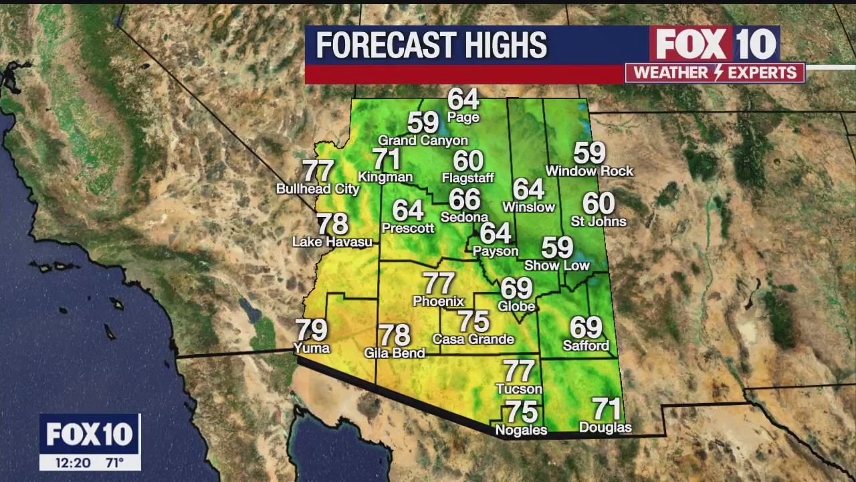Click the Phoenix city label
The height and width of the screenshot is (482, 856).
438,301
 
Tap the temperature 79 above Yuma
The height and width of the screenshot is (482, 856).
311,329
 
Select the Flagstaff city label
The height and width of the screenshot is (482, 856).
467,177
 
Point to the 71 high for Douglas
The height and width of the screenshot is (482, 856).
606,408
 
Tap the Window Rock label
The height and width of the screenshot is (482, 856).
589,171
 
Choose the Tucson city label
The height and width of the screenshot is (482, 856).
519,389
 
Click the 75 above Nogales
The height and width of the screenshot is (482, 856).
522,412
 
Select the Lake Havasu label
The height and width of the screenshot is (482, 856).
332,242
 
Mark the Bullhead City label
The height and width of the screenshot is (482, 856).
318,189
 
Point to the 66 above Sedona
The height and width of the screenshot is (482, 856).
465,199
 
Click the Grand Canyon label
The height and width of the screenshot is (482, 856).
423,141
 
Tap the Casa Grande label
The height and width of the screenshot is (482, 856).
473,339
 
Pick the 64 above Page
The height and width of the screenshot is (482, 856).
463,99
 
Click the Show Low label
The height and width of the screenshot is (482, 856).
557,266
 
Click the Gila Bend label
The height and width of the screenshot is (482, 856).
395,353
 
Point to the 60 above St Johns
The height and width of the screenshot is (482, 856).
599,203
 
